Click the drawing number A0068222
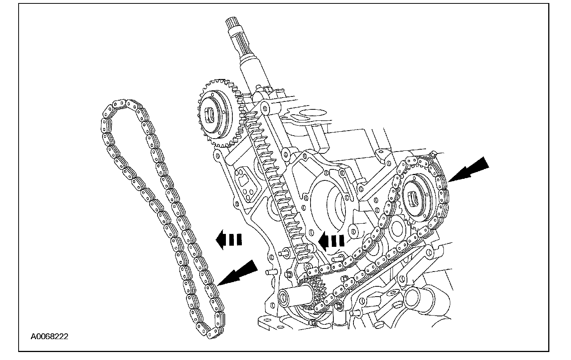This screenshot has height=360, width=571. click(50, 336)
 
